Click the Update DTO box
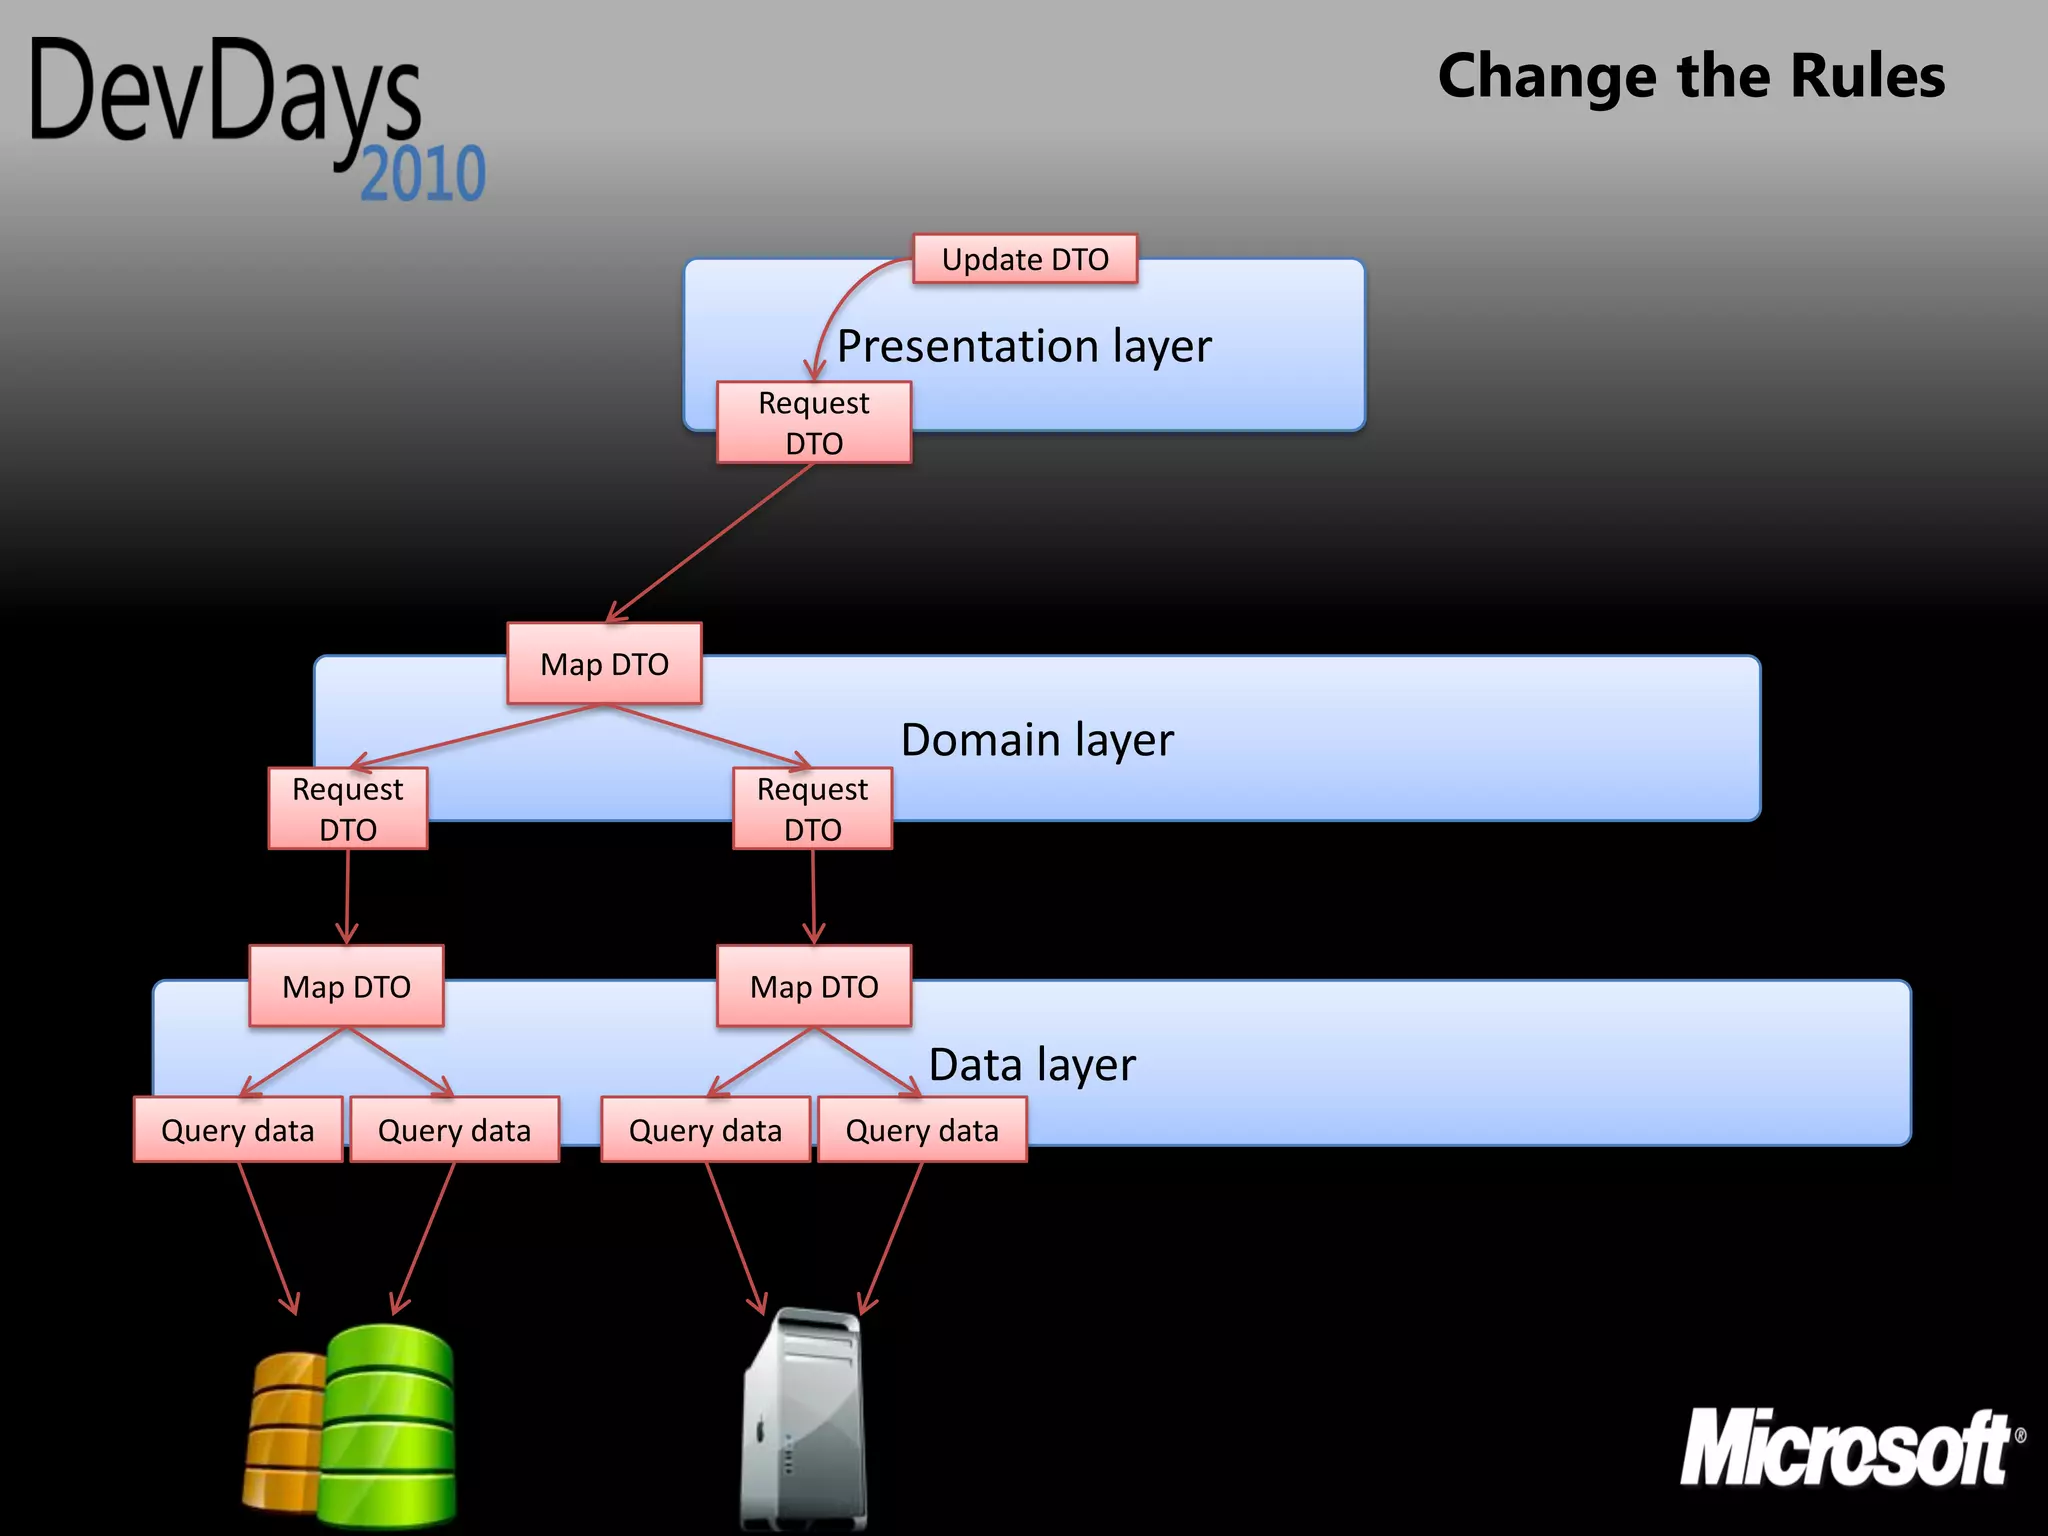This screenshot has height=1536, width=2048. pos(1025,259)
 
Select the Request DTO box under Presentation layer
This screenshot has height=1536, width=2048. pos(814,422)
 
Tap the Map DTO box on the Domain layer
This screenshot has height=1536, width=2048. pos(604,664)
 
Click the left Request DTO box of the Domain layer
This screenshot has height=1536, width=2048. pos(348,808)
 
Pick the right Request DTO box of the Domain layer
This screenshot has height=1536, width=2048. pos(812,808)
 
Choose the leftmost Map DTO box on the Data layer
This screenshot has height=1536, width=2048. pos(346,986)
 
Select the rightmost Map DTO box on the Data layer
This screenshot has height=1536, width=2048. pos(814,986)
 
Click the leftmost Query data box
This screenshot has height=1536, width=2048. pos(238,1130)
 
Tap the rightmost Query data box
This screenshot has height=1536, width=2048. pos(922,1130)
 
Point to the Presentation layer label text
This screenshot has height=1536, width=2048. pos(1024,346)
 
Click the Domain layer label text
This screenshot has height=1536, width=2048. pos(1037,740)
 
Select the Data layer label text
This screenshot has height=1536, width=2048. pos(1032,1064)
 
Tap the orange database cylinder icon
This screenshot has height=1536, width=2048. pos(283,1430)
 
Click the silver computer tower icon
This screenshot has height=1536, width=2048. pos(803,1420)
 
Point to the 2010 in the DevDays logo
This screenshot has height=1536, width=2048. pos(422,174)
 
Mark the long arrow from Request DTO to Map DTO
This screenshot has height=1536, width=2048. pos(710,542)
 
